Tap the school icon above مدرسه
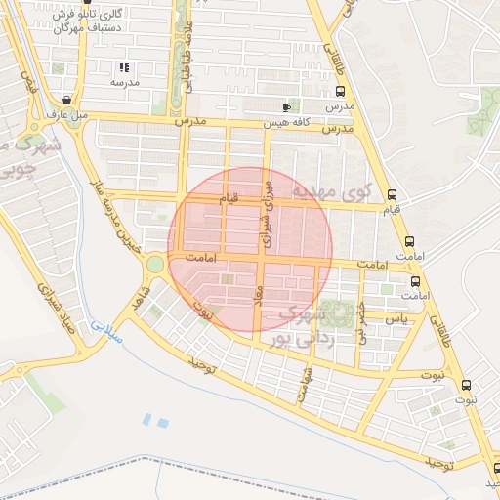(x=124, y=67)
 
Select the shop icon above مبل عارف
(x=66, y=100)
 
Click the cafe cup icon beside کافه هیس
(x=285, y=107)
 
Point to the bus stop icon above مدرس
(x=339, y=92)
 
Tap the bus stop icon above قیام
(x=392, y=194)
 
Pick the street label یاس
(x=396, y=319)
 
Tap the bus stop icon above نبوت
(x=466, y=385)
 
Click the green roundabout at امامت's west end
(x=154, y=263)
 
